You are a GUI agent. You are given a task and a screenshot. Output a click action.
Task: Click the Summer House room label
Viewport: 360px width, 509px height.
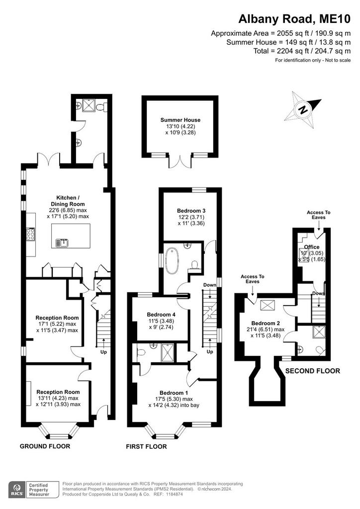click(180, 120)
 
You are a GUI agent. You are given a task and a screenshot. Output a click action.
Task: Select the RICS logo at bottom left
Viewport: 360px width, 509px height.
click(17, 490)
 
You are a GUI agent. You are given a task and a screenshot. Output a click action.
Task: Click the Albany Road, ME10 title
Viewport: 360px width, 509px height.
click(294, 19)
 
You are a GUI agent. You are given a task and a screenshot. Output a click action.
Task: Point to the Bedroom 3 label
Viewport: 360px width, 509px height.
click(191, 211)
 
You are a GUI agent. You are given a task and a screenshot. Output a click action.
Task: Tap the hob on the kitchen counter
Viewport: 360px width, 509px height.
click(30, 234)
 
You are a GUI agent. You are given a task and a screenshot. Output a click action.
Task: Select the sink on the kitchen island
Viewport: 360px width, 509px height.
click(62, 242)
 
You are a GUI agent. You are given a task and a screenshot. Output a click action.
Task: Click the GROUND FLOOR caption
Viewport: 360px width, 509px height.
click(45, 446)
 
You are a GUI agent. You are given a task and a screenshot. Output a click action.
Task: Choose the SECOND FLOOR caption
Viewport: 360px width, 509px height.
click(313, 371)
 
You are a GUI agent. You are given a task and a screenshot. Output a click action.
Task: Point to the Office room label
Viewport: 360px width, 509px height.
click(312, 247)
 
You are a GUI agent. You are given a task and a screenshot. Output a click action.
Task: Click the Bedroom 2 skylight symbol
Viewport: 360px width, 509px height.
click(268, 305)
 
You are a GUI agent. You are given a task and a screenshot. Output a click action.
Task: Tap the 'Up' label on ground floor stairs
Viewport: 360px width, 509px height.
click(103, 352)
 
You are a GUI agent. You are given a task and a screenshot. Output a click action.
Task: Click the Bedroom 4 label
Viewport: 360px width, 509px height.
click(161, 315)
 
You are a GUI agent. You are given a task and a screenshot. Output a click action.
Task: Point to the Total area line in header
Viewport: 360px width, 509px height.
click(302, 51)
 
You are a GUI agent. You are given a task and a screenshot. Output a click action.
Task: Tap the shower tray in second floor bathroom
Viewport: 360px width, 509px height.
click(319, 332)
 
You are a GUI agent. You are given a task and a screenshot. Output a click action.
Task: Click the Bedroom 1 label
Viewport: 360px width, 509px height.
click(174, 393)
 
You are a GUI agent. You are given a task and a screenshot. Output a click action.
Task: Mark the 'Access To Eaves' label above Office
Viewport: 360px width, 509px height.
click(318, 215)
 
